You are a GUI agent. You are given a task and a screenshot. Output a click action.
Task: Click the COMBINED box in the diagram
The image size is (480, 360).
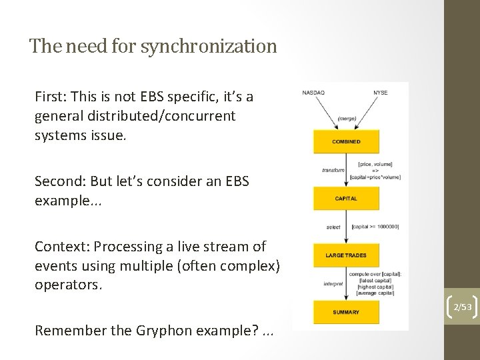tap(346, 141)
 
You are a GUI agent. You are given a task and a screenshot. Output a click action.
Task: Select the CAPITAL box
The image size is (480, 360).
tap(346, 198)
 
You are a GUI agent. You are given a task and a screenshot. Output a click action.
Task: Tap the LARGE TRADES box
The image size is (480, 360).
tap(346, 255)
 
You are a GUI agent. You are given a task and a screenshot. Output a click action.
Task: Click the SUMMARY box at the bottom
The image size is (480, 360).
tap(346, 312)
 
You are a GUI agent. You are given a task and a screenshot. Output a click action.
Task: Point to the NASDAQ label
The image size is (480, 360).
tap(314, 92)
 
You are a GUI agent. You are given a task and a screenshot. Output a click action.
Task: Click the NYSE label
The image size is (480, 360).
tap(380, 92)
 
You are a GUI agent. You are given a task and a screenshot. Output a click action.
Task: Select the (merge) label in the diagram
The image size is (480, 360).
tap(347, 118)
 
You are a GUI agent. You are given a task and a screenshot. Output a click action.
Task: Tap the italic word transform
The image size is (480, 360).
tap(333, 170)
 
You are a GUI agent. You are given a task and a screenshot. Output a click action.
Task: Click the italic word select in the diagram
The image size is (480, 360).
tap(333, 227)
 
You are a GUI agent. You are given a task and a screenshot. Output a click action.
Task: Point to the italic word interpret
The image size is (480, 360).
tap(333, 284)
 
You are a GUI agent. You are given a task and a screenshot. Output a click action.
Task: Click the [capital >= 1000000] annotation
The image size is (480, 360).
tap(375, 227)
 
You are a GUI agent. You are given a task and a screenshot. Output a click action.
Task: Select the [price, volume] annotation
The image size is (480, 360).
tap(375, 164)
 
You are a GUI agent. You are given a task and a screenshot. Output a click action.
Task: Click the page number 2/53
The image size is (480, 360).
tap(461, 307)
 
